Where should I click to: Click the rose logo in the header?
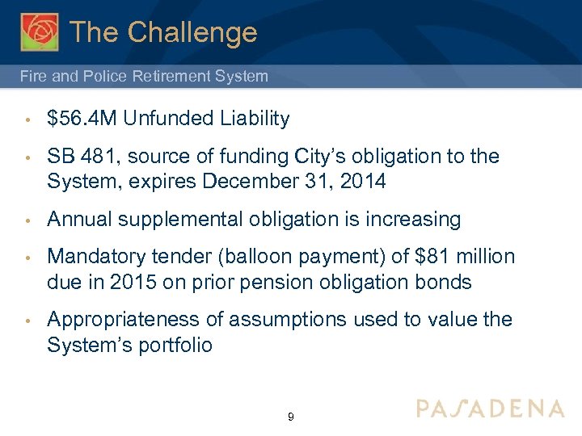click(40, 32)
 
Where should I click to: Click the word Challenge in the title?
click(192, 32)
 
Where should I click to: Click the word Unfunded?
click(157, 119)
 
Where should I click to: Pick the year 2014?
click(363, 182)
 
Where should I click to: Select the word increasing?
click(413, 220)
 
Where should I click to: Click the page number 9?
click(290, 417)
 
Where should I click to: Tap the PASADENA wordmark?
click(490, 409)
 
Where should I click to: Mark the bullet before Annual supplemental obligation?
click(27, 220)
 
